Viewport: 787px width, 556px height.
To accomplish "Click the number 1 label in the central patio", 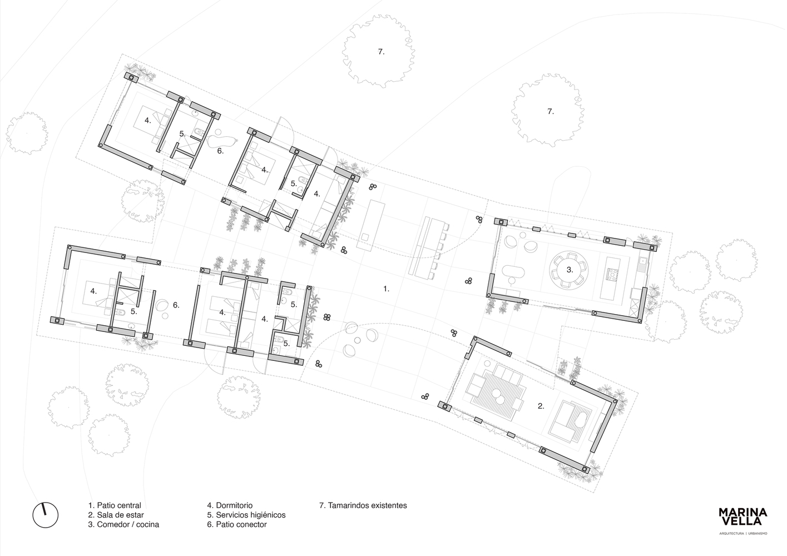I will [386, 289].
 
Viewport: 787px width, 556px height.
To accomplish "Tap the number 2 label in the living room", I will [540, 406].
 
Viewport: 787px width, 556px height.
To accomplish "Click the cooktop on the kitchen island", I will [612, 274].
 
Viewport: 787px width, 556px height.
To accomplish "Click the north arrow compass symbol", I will [45, 516].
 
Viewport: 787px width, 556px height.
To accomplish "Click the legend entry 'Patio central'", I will [115, 505].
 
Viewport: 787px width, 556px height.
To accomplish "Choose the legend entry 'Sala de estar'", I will [116, 515].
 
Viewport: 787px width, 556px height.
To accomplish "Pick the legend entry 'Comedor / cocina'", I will [123, 524].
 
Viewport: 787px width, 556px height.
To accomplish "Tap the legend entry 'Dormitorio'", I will [230, 505].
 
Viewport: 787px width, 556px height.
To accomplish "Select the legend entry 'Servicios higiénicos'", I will [246, 515].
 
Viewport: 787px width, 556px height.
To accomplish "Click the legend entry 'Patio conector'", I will [237, 524].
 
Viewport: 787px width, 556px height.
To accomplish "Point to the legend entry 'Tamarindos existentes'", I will [363, 505].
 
